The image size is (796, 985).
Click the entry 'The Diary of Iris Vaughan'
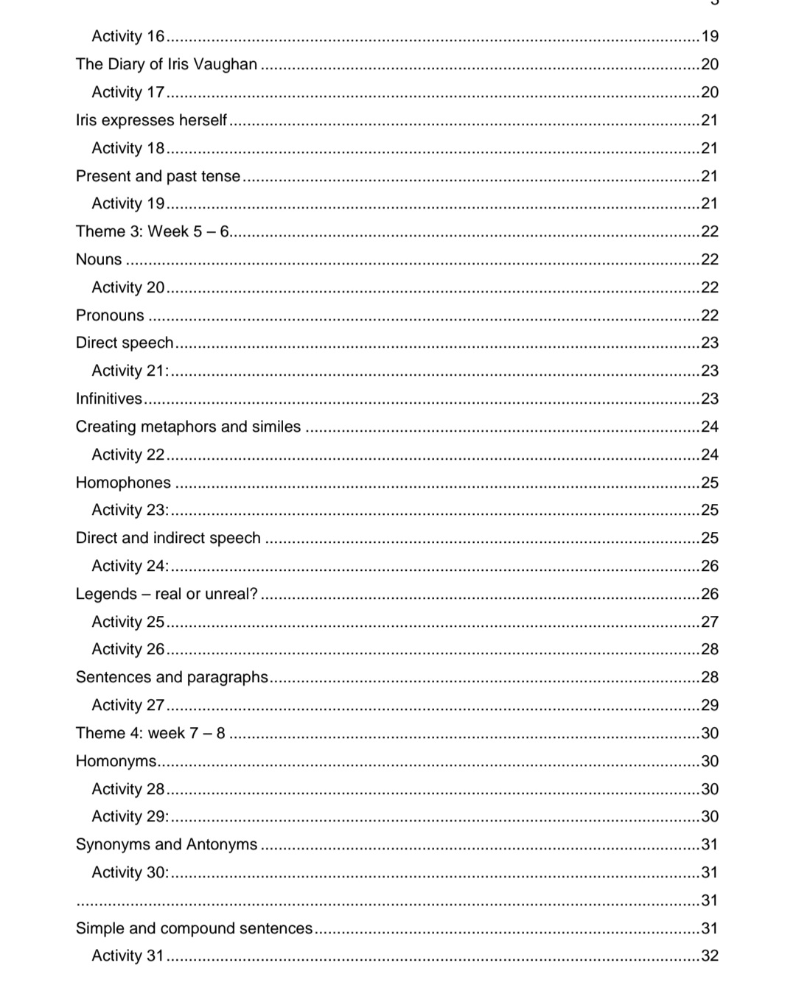(167, 65)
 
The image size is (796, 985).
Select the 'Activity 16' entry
(128, 37)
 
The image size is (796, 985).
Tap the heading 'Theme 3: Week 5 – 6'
(153, 232)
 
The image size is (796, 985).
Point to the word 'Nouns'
(99, 260)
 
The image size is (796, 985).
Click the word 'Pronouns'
(110, 316)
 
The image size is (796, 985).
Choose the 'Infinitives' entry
(109, 399)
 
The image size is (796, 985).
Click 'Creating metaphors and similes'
(188, 427)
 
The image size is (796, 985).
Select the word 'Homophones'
(123, 483)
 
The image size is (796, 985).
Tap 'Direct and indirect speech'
(168, 539)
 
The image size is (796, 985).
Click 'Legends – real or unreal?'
(167, 595)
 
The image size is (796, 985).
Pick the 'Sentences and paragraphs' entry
(172, 678)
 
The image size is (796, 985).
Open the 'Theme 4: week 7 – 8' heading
(150, 734)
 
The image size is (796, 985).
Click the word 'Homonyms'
(116, 762)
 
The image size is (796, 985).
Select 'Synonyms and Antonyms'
(167, 845)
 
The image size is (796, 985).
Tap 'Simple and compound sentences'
(194, 929)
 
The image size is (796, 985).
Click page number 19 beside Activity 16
(710, 37)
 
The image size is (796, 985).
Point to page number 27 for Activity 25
(710, 623)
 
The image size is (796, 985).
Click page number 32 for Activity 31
(710, 956)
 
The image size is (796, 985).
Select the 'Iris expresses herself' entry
(151, 121)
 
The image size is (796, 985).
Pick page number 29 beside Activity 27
(710, 706)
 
